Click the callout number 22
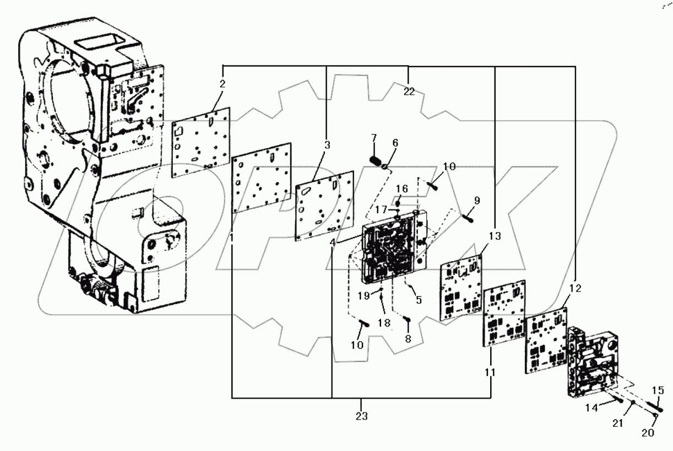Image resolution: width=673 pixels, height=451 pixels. [x=408, y=92]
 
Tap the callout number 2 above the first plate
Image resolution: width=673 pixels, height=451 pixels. [x=222, y=84]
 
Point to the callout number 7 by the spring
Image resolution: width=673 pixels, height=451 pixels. [x=373, y=137]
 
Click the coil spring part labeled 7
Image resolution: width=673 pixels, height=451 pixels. [x=376, y=161]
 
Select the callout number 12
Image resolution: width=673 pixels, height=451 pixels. [x=575, y=288]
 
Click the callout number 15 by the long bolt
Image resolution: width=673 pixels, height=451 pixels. [x=658, y=390]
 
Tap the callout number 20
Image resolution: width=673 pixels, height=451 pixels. [x=648, y=433]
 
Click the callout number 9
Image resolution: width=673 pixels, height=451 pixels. [x=477, y=200]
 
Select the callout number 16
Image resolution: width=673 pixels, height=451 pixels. [x=401, y=189]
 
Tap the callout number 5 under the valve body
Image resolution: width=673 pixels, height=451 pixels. [x=419, y=300]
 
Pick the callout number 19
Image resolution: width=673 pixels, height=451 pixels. [x=363, y=296]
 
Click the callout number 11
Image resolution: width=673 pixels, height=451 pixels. [x=490, y=372]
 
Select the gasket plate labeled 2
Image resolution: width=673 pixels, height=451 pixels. [x=202, y=142]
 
